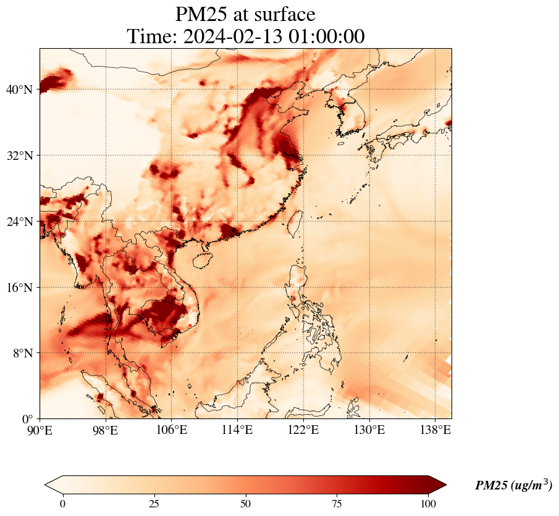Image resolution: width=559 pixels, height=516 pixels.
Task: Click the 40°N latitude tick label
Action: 19,90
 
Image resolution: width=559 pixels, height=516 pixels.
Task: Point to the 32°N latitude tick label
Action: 19,156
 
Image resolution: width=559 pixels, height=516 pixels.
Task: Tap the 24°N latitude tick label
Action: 19,222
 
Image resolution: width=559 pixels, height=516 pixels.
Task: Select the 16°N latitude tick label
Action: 19,288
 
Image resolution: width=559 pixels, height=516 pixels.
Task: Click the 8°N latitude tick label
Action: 22,353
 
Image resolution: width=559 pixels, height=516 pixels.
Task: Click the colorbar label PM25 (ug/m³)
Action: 513,486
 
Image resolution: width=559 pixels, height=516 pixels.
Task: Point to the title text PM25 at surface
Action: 245,14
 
